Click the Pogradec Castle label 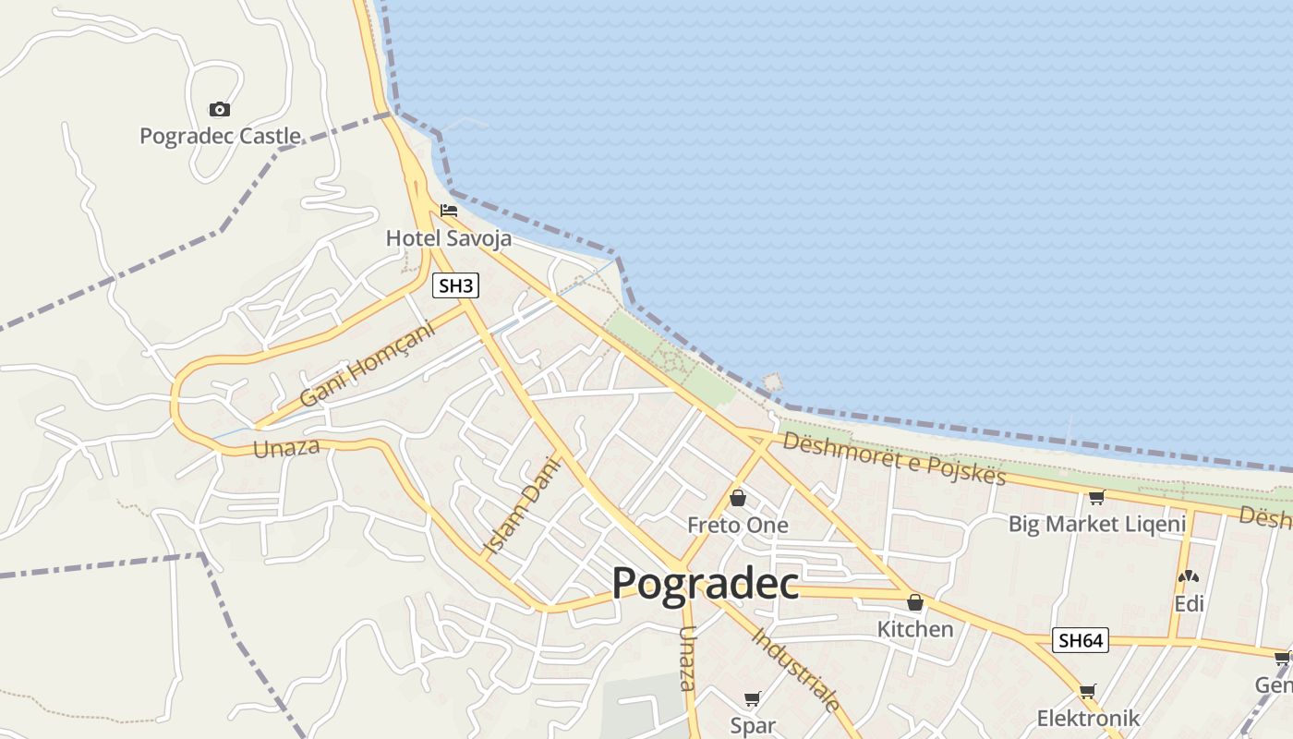tap(220, 137)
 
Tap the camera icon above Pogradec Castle tap(219, 109)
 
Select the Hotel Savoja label tap(448, 238)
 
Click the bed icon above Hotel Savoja tap(449, 211)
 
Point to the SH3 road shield tap(456, 286)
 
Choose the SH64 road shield tap(1080, 640)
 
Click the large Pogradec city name tap(705, 584)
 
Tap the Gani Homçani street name tap(367, 365)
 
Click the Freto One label tap(738, 526)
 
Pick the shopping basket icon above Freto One tap(738, 499)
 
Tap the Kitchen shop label tap(914, 629)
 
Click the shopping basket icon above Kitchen tap(914, 603)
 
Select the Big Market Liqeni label tap(1096, 525)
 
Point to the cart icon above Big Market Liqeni tap(1096, 498)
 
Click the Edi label tap(1189, 604)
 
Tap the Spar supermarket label tap(753, 726)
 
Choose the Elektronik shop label tap(1088, 719)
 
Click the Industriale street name tap(796, 670)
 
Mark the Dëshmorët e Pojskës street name tap(893, 457)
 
